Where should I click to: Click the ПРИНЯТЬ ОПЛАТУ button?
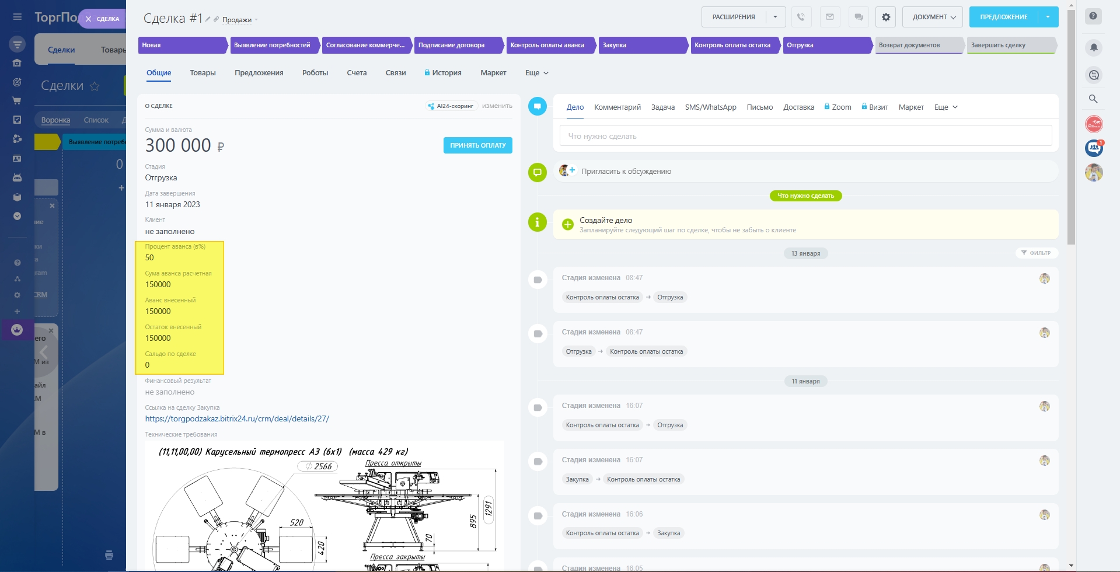(477, 145)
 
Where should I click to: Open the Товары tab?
(203, 73)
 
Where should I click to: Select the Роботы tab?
(315, 73)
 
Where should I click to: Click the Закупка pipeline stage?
(642, 45)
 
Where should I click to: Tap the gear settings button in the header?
(885, 17)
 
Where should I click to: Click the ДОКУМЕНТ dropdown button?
(933, 17)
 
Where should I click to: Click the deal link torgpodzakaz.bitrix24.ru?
(237, 418)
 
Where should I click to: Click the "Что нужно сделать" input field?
(805, 136)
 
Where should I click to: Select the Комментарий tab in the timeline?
(617, 107)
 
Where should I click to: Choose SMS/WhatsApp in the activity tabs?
(710, 107)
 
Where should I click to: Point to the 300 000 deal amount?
(178, 145)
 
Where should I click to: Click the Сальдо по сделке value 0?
(147, 365)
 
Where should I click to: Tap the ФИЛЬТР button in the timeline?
(1037, 253)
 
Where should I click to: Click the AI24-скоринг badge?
(451, 106)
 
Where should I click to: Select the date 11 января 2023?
(172, 204)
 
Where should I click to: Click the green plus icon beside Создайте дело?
(567, 225)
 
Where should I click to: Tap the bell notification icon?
(1094, 47)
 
